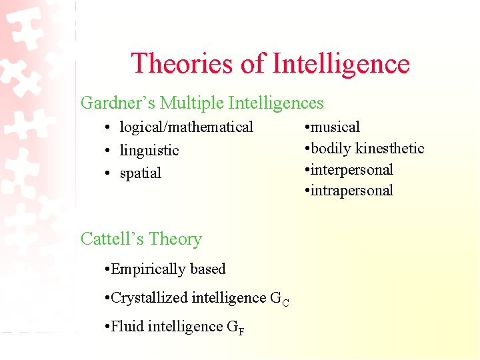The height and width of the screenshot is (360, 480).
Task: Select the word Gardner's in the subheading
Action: [x=118, y=103]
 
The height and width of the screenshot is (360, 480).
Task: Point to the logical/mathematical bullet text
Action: [x=187, y=127]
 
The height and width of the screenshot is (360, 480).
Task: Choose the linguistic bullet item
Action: [x=149, y=150]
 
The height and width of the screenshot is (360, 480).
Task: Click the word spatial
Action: [x=141, y=173]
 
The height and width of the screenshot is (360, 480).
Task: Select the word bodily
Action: [x=331, y=148]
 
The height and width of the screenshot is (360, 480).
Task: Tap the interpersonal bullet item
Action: [x=352, y=169]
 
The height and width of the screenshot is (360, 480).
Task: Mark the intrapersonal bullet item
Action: [x=352, y=191]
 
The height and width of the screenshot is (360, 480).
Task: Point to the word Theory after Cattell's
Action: [x=175, y=239]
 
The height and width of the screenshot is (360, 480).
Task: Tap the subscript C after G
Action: [x=285, y=303]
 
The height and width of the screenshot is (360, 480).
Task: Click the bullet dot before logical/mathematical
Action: [x=107, y=127]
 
